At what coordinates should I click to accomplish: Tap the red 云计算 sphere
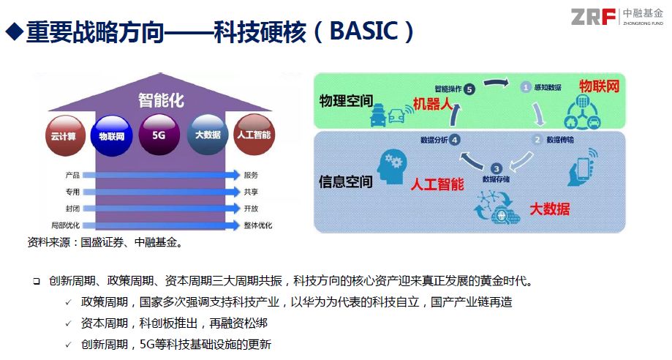click(65, 135)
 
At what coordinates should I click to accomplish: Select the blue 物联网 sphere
click(112, 136)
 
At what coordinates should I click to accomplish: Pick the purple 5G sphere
click(159, 135)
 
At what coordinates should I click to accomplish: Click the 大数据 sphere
click(208, 135)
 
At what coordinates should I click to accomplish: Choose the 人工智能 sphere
click(254, 135)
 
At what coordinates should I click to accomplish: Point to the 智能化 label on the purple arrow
click(161, 100)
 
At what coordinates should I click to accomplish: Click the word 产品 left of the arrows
click(72, 175)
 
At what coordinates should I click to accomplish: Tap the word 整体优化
click(258, 225)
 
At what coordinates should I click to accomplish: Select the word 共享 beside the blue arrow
click(251, 192)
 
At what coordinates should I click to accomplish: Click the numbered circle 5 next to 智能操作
click(469, 89)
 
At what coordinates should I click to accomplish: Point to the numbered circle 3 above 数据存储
click(497, 168)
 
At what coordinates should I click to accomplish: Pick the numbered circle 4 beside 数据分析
click(454, 140)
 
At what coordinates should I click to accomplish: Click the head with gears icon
click(392, 167)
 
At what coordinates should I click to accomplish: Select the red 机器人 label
click(432, 103)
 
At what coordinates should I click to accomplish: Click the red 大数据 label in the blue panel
click(550, 209)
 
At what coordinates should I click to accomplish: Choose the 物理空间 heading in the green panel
click(346, 101)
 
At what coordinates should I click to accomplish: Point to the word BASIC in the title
click(364, 31)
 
